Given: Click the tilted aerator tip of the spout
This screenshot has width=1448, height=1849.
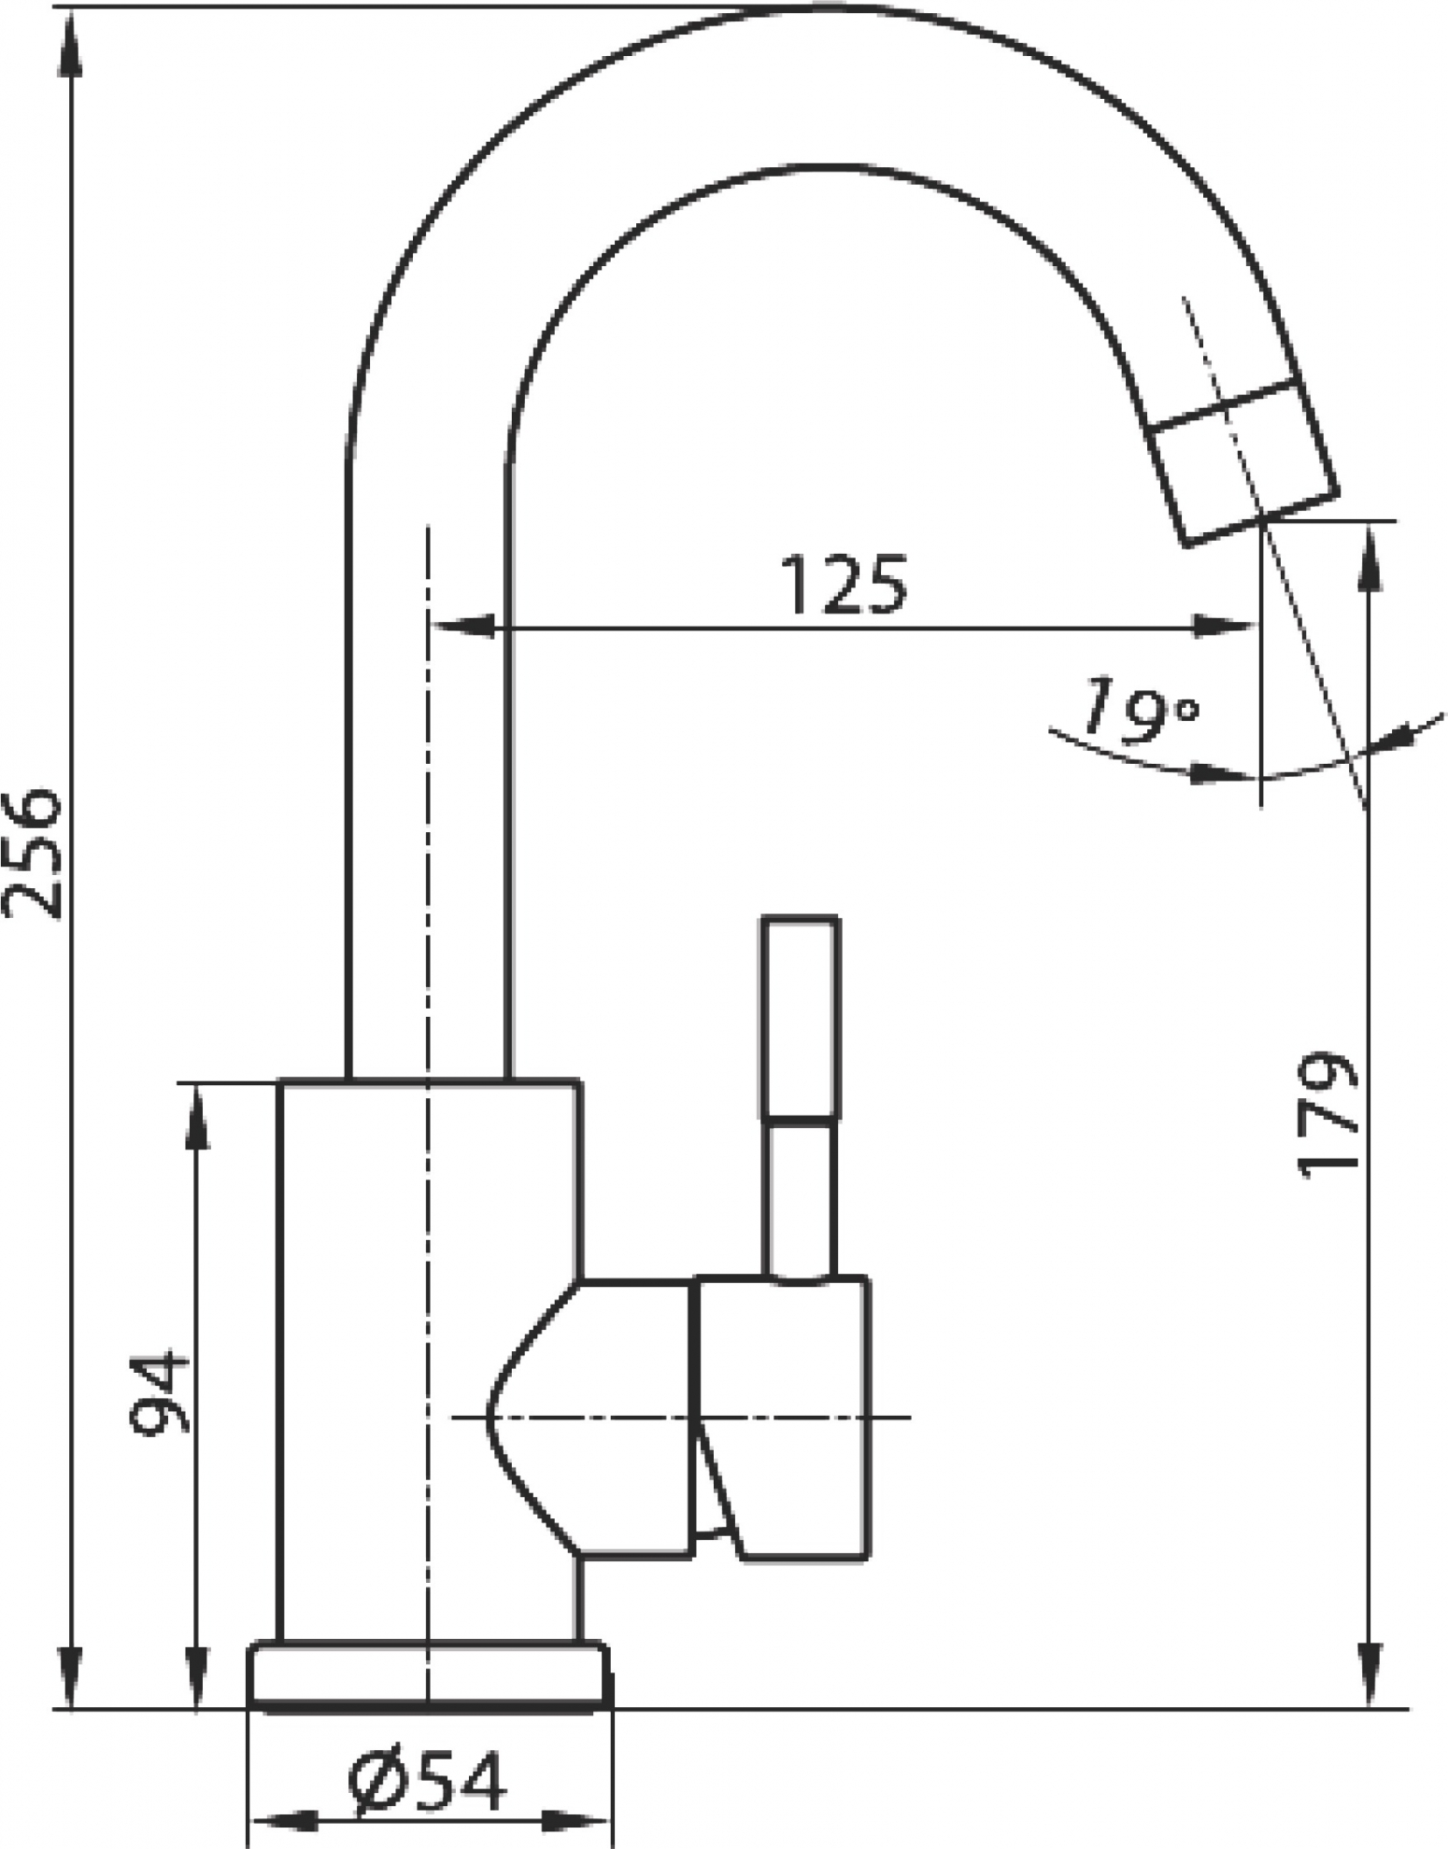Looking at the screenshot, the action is [1242, 460].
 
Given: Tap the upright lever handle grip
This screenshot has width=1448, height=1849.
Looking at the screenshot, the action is [801, 1016].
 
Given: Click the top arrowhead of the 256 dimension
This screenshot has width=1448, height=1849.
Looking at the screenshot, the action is [71, 42].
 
